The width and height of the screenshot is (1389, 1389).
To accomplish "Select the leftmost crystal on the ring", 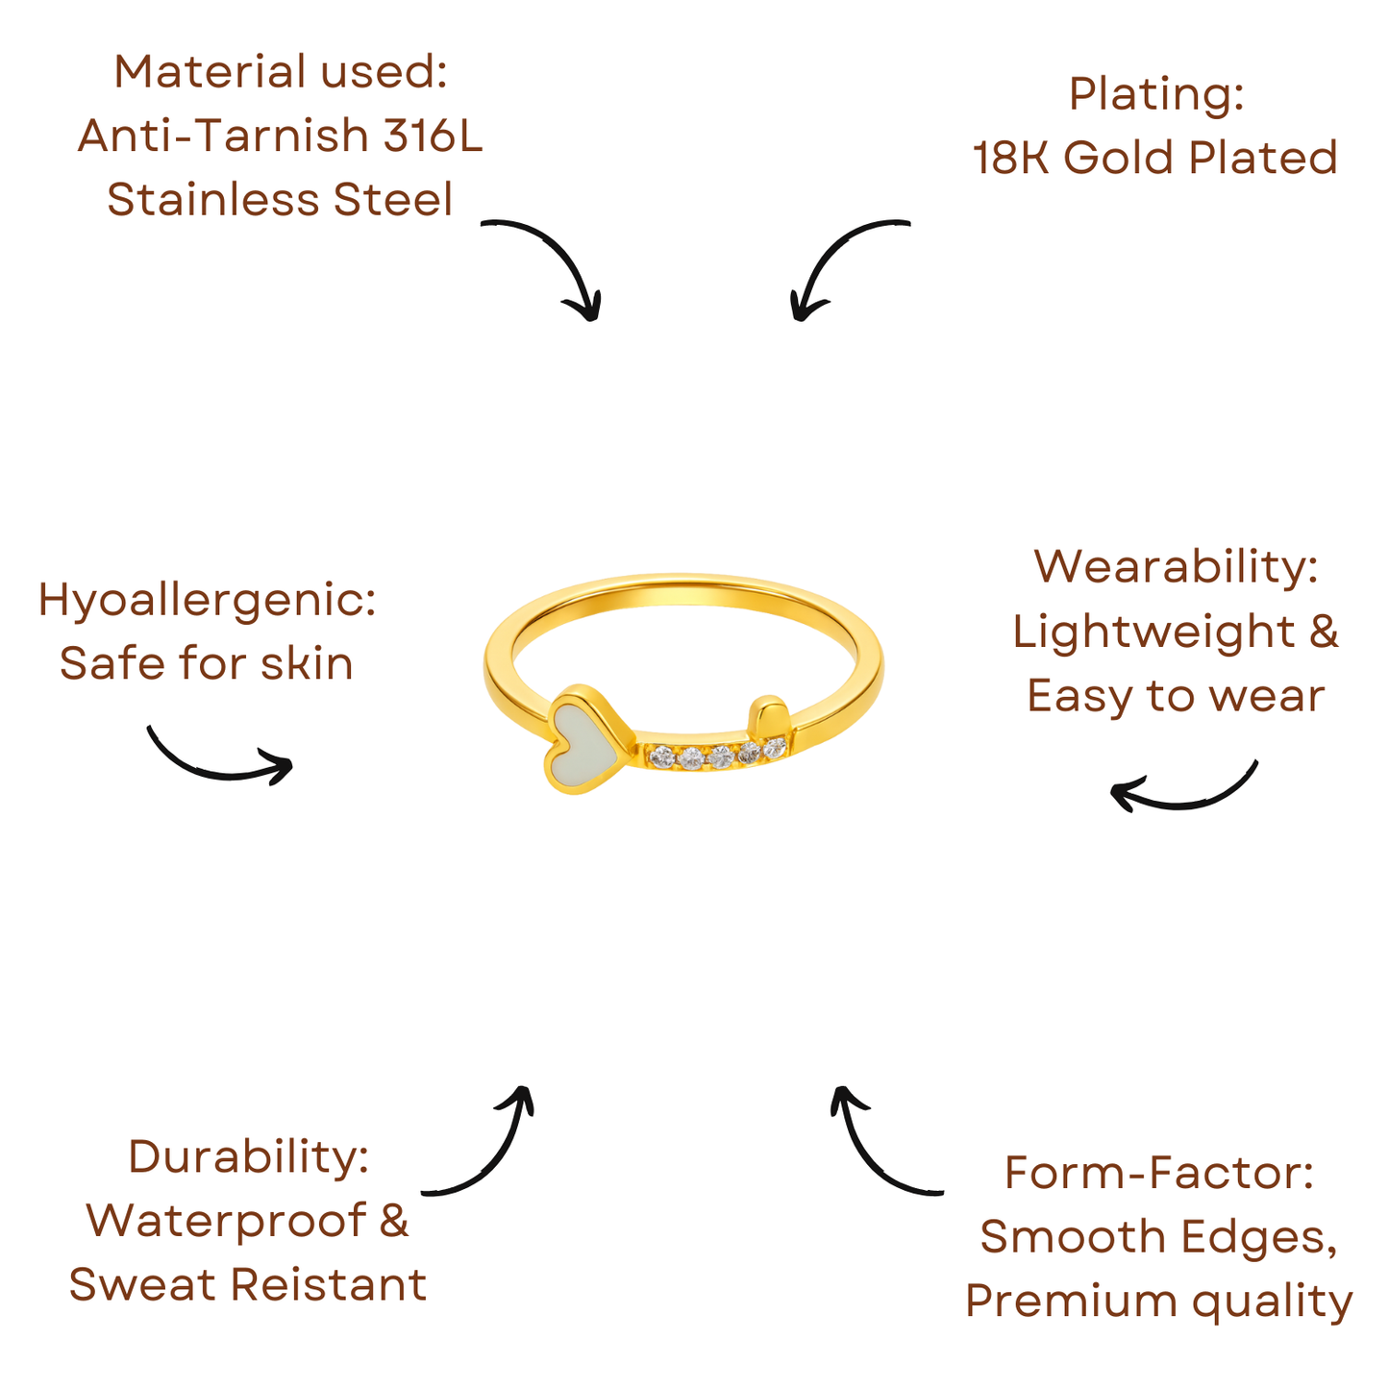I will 660,757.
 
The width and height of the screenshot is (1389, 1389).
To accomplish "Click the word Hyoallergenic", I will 207,600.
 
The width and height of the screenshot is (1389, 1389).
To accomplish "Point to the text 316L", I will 433,136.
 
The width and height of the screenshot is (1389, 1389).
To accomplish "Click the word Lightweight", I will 1153,632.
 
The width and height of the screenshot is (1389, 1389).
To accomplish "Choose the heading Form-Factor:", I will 1158,1173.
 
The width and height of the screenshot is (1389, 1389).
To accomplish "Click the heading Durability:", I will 248,1156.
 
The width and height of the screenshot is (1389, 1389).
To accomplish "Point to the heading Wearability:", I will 1176,566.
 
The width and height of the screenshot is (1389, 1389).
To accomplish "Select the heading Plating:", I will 1155,94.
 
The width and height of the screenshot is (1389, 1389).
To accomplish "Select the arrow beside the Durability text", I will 485,1149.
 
